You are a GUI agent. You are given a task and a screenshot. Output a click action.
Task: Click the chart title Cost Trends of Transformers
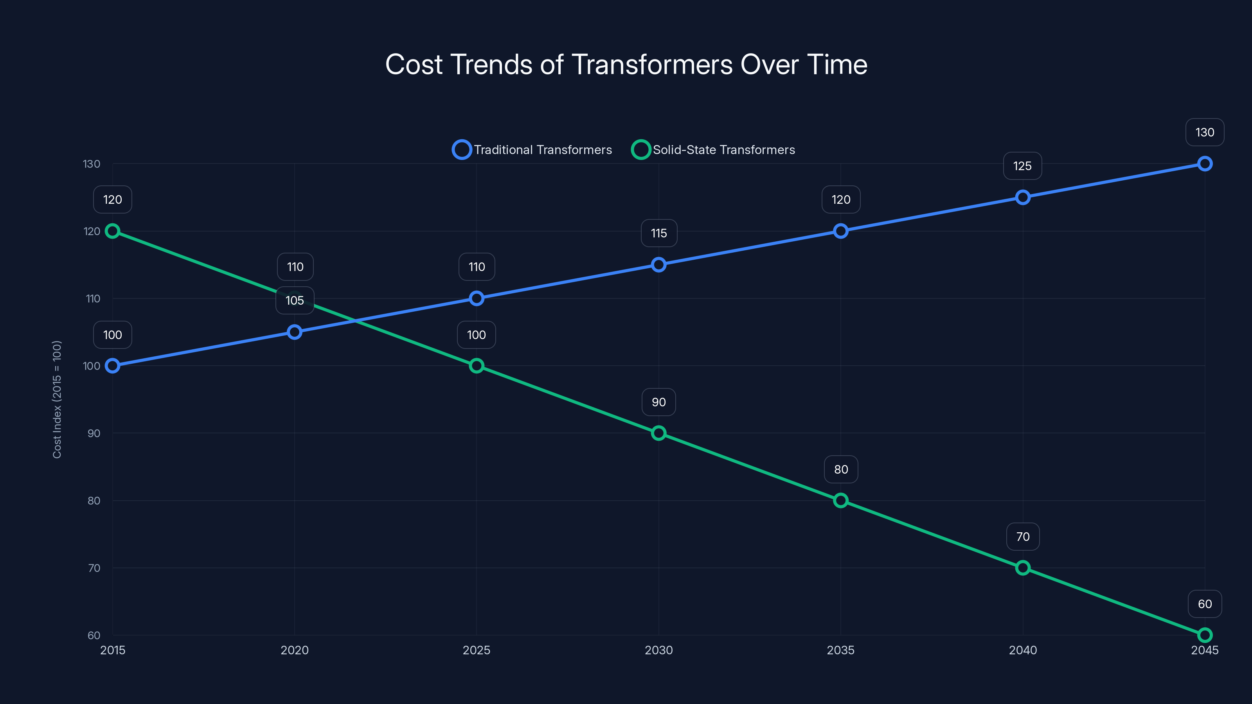626,65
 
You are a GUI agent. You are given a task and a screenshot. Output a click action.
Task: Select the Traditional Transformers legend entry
532,150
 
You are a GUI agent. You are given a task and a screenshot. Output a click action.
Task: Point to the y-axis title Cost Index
57,399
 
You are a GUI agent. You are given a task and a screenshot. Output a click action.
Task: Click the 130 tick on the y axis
92,164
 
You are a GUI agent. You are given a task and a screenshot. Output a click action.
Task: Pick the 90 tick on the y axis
94,433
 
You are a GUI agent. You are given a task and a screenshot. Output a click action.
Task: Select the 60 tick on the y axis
94,636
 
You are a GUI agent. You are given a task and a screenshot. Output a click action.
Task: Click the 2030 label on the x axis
658,650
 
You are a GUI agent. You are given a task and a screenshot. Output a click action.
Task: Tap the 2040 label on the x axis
1023,650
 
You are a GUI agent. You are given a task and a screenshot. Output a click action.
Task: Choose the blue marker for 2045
1204,164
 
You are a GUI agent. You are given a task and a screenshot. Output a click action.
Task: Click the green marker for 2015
113,231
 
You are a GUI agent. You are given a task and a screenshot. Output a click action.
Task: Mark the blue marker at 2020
295,332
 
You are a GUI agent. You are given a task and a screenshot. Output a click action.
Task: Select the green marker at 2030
658,433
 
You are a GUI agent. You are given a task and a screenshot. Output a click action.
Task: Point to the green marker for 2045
1204,635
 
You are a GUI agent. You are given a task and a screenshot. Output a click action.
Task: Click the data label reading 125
1022,166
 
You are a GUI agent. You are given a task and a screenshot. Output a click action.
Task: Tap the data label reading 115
658,233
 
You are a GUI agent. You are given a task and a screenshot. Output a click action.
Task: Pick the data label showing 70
1023,537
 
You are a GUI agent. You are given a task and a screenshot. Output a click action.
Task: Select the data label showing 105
295,301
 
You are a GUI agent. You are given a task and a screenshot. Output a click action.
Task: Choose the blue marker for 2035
841,231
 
